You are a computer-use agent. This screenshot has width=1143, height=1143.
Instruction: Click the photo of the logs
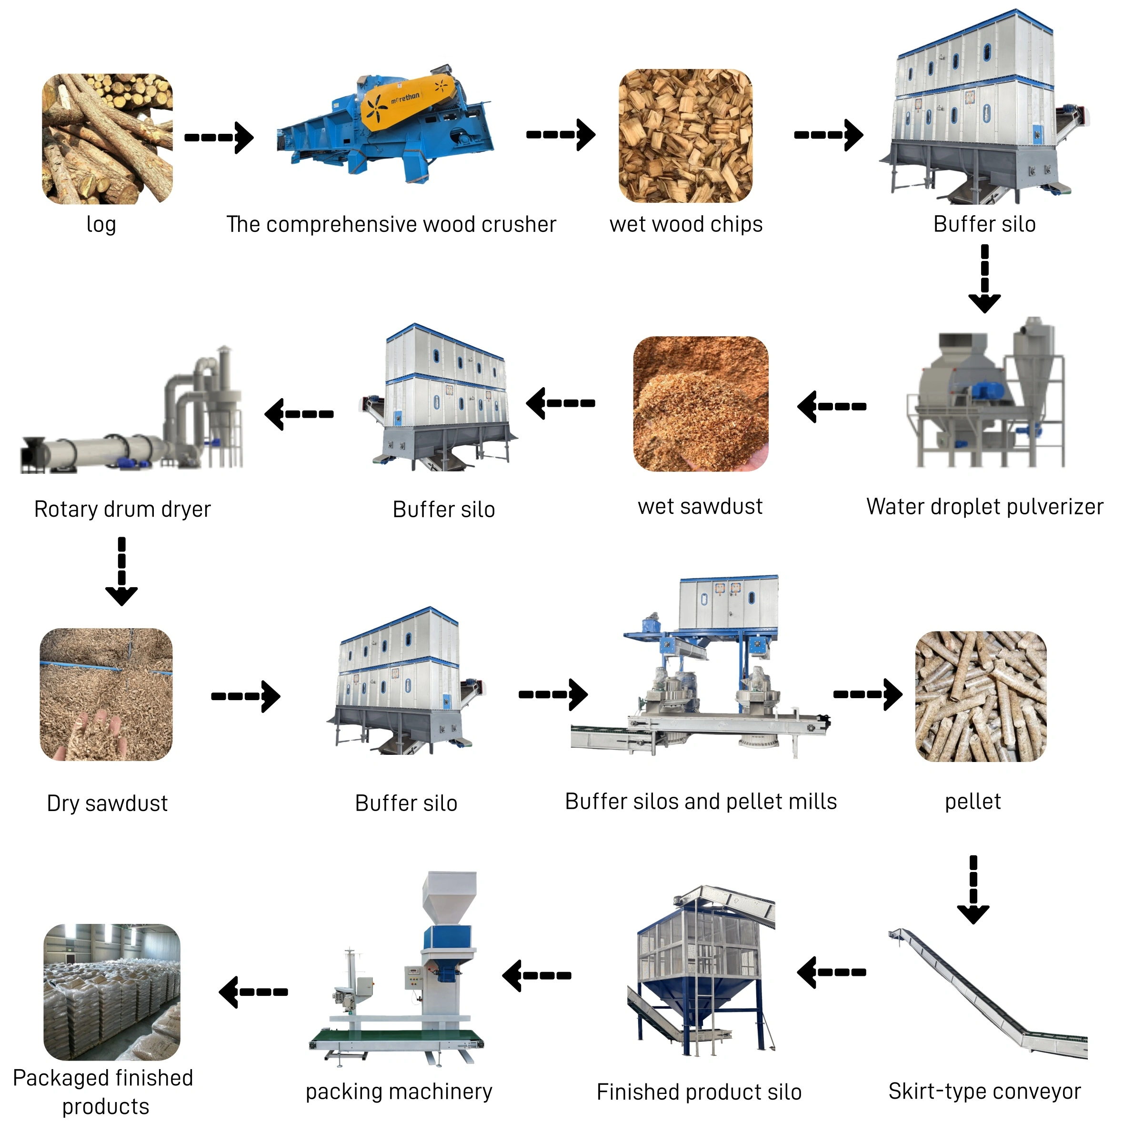coord(107,139)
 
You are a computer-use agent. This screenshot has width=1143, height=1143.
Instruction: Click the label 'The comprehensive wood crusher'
coord(391,224)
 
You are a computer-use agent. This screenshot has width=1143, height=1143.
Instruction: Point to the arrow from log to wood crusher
coord(219,137)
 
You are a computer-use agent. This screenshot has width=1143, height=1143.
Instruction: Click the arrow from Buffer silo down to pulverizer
coord(984,278)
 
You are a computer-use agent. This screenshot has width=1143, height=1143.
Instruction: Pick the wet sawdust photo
coord(701,403)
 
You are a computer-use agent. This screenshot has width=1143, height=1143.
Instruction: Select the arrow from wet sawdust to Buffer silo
coord(560,403)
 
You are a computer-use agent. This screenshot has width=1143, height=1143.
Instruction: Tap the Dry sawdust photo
coord(107,694)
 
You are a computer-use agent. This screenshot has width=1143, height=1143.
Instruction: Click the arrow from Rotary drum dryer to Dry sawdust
coord(121,571)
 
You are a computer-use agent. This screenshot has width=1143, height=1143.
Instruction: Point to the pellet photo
coord(980,696)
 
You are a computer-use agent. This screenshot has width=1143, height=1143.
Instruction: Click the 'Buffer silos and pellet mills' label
coord(701,801)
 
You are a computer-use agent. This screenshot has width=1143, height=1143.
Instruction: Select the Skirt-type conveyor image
coord(988,994)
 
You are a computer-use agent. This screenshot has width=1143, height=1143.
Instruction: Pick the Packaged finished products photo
coord(112,992)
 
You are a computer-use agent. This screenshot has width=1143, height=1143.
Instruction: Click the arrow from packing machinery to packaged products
coord(253,992)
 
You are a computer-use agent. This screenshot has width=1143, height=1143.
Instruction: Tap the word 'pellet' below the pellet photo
coord(973,801)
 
